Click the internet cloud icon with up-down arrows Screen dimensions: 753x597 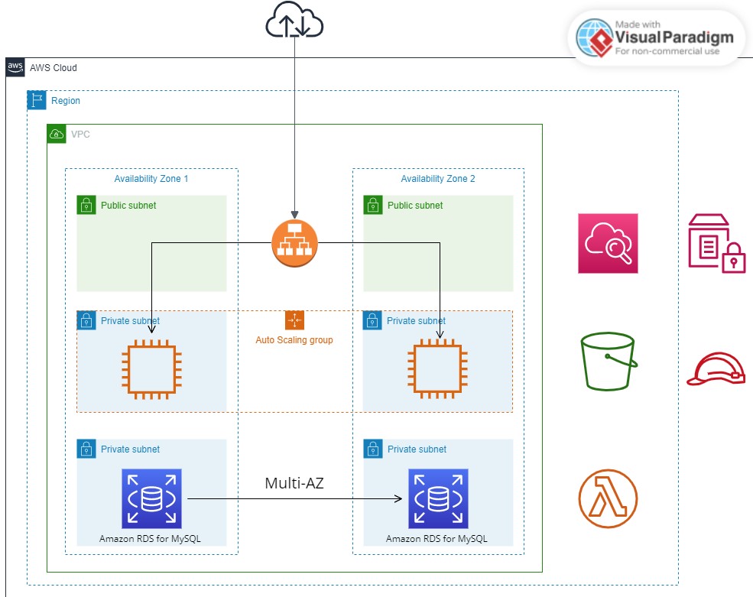(294, 20)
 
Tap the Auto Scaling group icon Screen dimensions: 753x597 (294, 320)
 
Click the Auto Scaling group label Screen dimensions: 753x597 (294, 340)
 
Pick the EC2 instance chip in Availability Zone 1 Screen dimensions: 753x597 (151, 369)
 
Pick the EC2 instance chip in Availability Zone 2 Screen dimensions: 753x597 (437, 369)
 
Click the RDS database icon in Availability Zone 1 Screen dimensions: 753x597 (151, 498)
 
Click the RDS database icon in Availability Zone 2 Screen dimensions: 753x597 (438, 498)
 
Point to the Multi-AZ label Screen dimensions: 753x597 (294, 483)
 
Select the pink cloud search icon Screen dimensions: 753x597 (608, 244)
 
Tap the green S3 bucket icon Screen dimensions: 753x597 (609, 361)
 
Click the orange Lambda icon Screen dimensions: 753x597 (608, 498)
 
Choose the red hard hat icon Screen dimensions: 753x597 (716, 369)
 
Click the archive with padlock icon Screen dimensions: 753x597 (716, 244)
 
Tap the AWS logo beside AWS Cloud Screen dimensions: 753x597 (15, 67)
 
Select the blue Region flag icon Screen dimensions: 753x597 (37, 100)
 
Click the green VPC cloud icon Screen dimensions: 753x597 (57, 134)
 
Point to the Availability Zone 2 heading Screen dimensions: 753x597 (438, 179)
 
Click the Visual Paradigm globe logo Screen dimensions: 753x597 (595, 37)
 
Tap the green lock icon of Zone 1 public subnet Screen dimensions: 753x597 (86, 205)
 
